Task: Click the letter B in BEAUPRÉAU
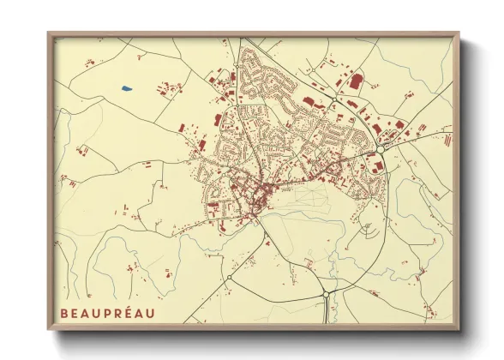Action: (x=64, y=313)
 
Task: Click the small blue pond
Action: (x=127, y=87)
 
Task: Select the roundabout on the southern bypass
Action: (x=326, y=294)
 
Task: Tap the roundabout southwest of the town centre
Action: (x=230, y=278)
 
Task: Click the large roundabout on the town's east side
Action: (x=379, y=151)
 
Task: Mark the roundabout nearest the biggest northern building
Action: (x=333, y=105)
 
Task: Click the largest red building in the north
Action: (x=355, y=81)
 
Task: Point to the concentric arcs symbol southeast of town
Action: (x=367, y=230)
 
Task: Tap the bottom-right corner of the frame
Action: (x=459, y=330)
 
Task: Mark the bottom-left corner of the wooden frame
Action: (x=49, y=330)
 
